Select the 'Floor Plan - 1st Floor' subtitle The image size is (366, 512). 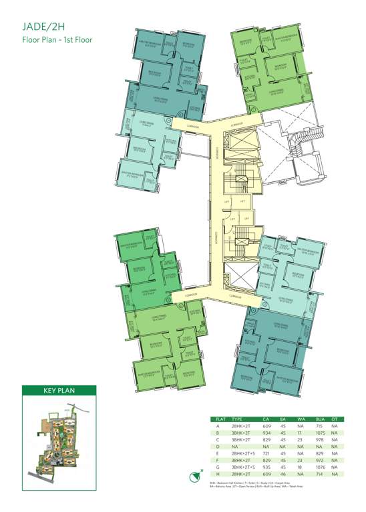tap(57, 39)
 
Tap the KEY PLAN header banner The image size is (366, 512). tap(59, 391)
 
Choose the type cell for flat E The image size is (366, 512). tap(242, 451)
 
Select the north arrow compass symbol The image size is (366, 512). tap(202, 475)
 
